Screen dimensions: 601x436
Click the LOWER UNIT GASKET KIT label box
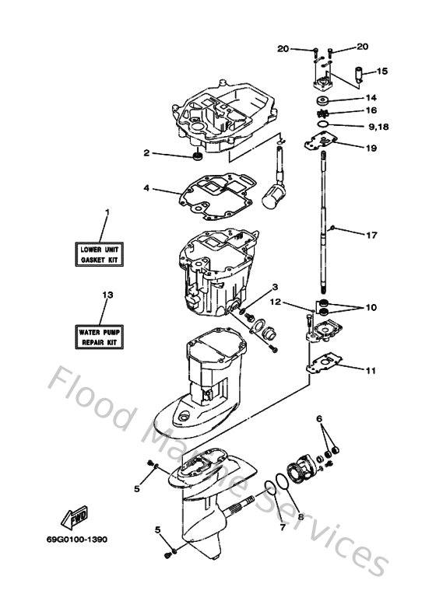[x=102, y=253]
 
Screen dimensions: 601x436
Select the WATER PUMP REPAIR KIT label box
[x=102, y=336]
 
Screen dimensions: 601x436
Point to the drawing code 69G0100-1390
[x=81, y=559]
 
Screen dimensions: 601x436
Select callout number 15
[x=381, y=72]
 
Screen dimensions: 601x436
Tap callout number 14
[x=371, y=98]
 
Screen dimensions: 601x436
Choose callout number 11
[x=371, y=370]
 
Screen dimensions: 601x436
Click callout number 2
[x=146, y=153]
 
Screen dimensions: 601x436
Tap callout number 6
[x=319, y=418]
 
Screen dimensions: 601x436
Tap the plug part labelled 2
[x=197, y=158]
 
